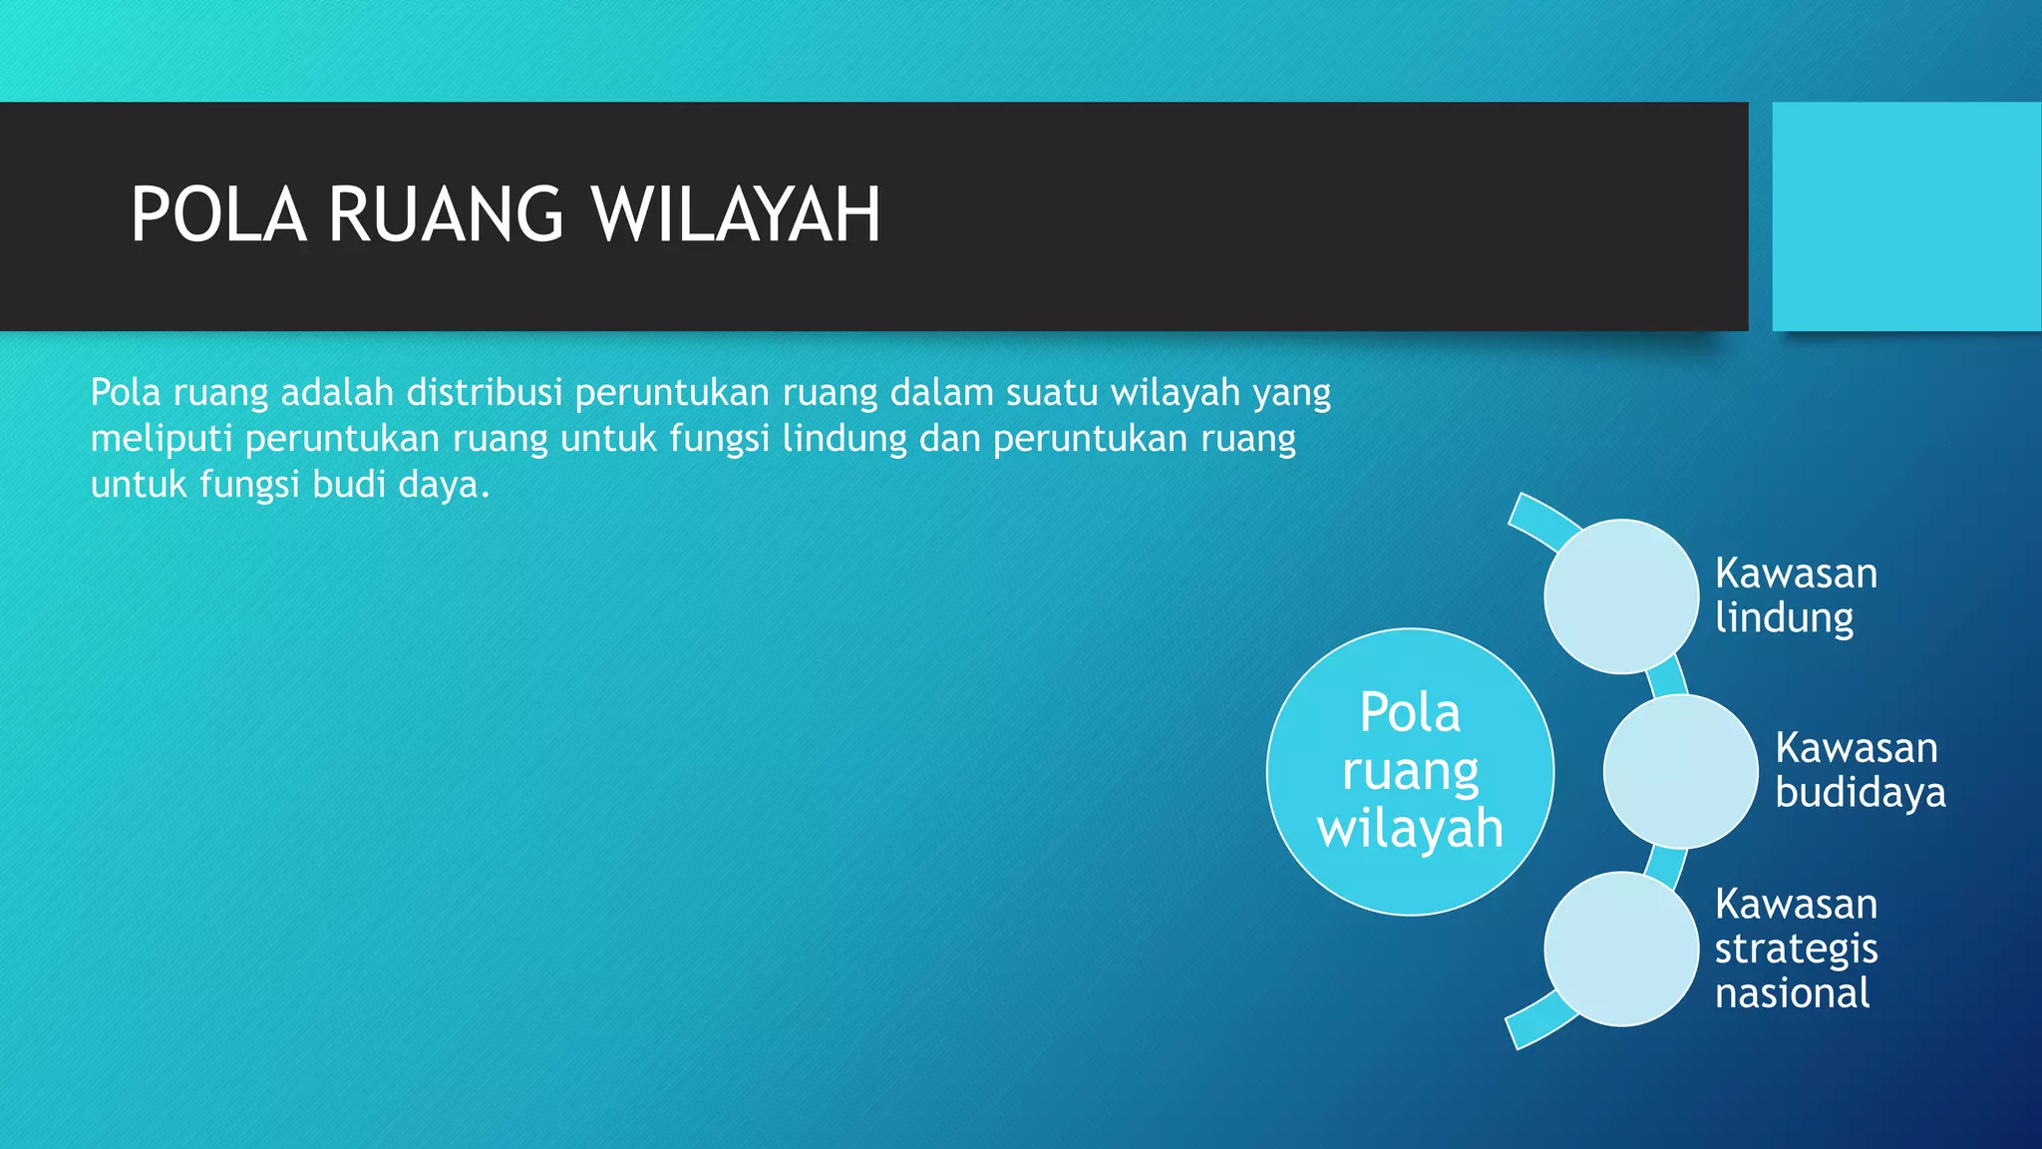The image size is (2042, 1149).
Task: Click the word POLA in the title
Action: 217,215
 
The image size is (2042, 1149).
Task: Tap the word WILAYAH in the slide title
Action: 736,215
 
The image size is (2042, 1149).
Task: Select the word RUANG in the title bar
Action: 446,215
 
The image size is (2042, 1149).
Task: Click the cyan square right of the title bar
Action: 1906,216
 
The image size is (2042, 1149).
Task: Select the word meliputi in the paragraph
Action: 162,439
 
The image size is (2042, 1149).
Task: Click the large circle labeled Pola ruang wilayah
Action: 1410,771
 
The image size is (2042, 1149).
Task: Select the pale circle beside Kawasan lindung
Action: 1621,596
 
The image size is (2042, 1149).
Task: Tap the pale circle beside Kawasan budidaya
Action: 1680,771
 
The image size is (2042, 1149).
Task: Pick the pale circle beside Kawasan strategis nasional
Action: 1621,949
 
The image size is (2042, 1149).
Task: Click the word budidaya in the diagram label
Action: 1861,793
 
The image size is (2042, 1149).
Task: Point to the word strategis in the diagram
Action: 1796,949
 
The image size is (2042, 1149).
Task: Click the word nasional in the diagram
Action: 1792,993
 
